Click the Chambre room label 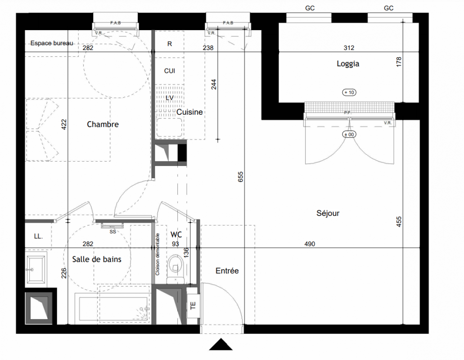[x=103, y=124]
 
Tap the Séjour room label [x=328, y=213]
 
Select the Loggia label [x=348, y=63]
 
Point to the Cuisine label [x=189, y=112]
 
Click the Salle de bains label [x=97, y=259]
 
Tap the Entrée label [x=227, y=270]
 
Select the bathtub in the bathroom [x=113, y=308]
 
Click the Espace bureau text [x=52, y=43]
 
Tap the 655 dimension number [x=241, y=176]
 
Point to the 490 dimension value [x=310, y=244]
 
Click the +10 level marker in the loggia [x=349, y=92]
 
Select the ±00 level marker [x=349, y=134]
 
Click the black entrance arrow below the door [x=221, y=344]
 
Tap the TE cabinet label [x=193, y=306]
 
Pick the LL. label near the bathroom [x=38, y=236]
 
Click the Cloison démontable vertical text [x=158, y=254]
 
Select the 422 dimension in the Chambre [x=64, y=125]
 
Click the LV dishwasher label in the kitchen [x=170, y=98]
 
